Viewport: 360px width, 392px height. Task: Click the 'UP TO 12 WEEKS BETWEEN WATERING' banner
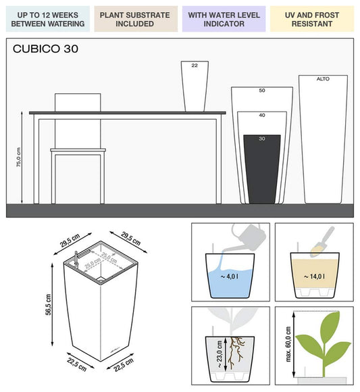tap(47, 19)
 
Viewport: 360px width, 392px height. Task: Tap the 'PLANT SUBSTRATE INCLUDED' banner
tap(134, 19)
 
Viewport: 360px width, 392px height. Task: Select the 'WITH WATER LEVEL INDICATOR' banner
tap(222, 19)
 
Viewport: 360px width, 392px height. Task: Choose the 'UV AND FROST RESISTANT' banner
tap(311, 19)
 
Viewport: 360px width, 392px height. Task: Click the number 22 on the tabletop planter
tap(195, 66)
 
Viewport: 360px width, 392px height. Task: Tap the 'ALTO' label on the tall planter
tap(323, 79)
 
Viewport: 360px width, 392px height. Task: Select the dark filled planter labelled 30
tap(261, 169)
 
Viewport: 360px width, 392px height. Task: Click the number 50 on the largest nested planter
tap(261, 90)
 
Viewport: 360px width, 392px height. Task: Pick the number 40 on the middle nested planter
tap(261, 116)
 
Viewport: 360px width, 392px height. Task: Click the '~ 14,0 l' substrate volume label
tap(314, 276)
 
